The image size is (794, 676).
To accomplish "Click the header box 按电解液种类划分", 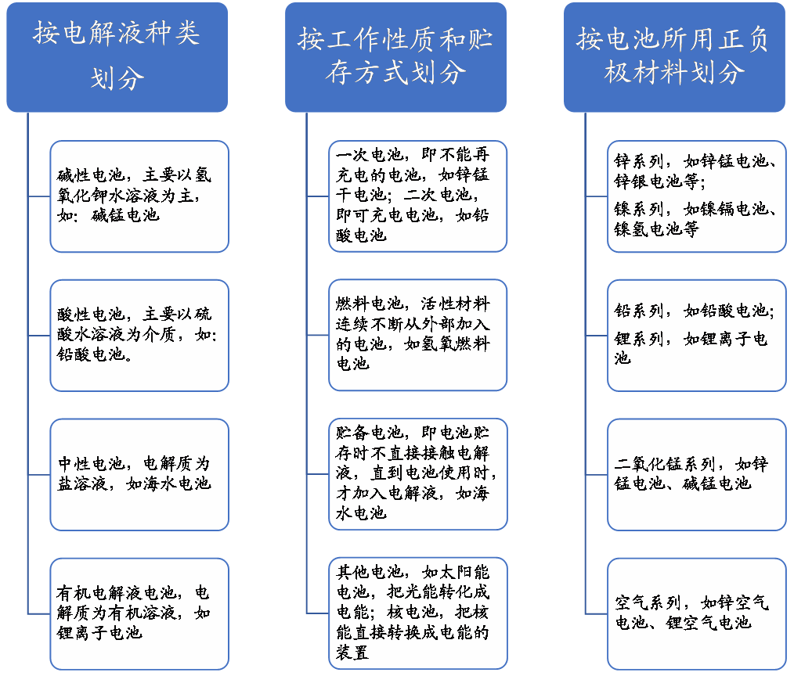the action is (x=117, y=57).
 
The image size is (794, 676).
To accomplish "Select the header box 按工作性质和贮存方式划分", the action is (x=395, y=57).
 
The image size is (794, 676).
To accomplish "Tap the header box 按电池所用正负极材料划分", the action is (x=674, y=57).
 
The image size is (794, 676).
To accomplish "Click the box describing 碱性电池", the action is (x=139, y=196).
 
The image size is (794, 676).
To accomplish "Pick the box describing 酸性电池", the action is (x=139, y=336).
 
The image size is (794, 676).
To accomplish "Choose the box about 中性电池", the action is (x=139, y=475).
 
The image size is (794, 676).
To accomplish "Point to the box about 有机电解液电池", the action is (x=139, y=613).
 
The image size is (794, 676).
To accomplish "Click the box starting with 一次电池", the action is (x=418, y=196).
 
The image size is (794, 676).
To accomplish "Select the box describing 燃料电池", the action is (x=418, y=336).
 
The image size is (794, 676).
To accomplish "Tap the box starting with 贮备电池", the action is (x=418, y=475).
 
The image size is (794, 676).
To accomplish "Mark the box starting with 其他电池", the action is (x=418, y=613).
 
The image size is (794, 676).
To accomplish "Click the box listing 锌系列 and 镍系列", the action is (x=697, y=196).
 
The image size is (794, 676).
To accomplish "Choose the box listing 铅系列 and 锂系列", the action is (x=697, y=336).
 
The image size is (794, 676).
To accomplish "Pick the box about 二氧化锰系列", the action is (x=697, y=475).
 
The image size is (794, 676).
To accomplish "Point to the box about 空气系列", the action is (x=697, y=613).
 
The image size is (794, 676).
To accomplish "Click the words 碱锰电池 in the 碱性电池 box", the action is (x=125, y=215).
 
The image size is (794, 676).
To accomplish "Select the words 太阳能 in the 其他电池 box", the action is (x=464, y=572).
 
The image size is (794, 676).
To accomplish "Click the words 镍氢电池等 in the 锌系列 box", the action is (x=657, y=229).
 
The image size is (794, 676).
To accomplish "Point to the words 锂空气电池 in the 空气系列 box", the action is (x=709, y=623).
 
